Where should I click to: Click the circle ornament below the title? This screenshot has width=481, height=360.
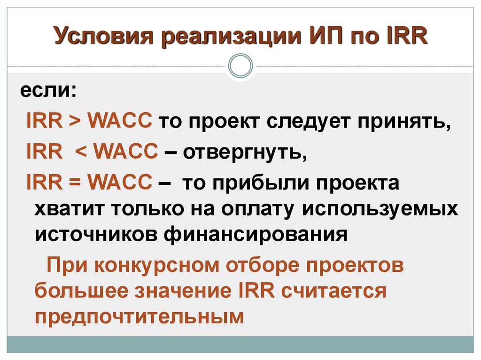[x=241, y=66]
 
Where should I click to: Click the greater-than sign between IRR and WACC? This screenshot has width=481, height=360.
[x=75, y=120]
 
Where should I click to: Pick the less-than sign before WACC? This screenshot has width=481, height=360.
[x=81, y=151]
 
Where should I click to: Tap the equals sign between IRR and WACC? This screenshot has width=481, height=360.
[x=75, y=182]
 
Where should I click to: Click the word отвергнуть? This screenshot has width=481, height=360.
[x=245, y=152]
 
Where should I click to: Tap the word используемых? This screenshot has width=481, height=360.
[x=380, y=209]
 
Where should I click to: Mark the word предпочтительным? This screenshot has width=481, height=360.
[x=139, y=316]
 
